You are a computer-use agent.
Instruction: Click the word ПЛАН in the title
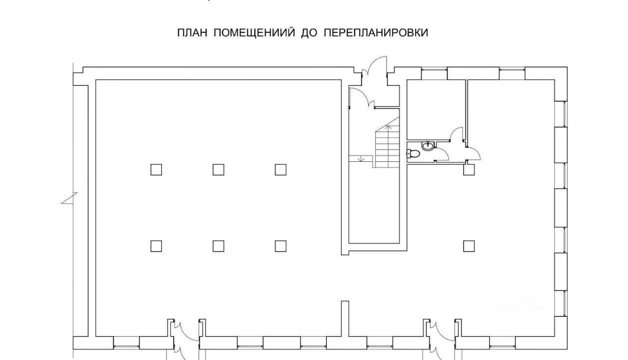[192, 33]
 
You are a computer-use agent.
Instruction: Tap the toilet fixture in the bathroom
[413, 154]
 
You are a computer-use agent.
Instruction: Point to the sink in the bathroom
[429, 145]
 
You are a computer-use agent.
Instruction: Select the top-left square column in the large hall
[156, 170]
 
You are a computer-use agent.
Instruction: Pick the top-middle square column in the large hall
[218, 170]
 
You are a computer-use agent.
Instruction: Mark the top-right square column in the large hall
[281, 170]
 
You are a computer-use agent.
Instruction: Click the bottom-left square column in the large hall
[156, 246]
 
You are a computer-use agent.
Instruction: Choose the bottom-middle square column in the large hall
[218, 246]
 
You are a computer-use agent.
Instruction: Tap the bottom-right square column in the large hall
[281, 246]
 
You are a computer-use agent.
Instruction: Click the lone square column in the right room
[469, 246]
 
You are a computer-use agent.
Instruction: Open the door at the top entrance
[375, 69]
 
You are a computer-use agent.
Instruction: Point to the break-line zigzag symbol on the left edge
[69, 199]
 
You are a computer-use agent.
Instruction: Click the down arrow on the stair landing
[361, 158]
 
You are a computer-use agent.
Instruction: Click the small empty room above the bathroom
[436, 109]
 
